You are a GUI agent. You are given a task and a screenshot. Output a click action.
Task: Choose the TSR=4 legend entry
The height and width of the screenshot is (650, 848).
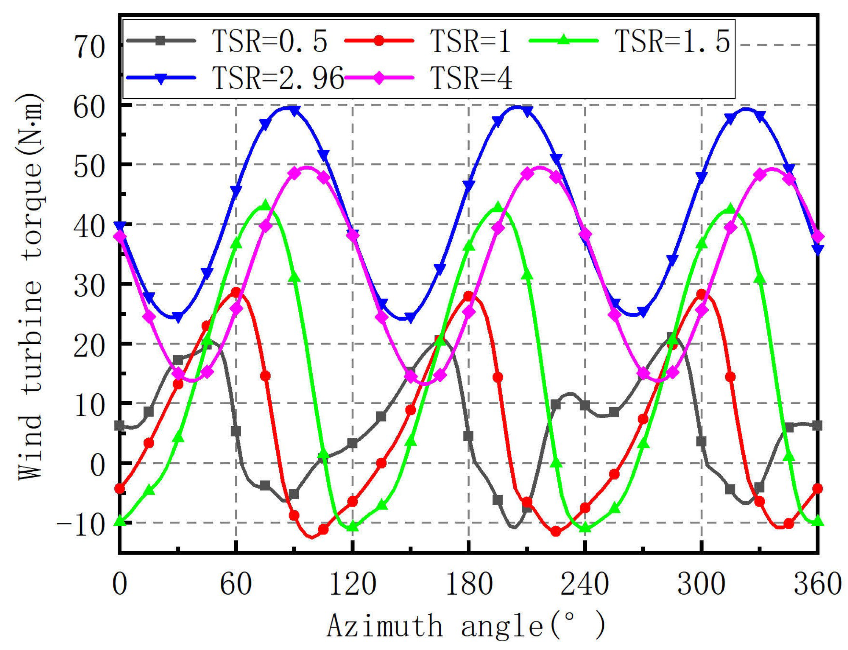coord(471,78)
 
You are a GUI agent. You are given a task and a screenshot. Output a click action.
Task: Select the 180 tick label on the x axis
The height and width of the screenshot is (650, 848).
coord(469,584)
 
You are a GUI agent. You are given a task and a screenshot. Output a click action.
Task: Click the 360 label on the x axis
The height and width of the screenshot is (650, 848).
coord(818,584)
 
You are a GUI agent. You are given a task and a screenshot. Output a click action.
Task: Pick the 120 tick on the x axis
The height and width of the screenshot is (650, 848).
coord(352,584)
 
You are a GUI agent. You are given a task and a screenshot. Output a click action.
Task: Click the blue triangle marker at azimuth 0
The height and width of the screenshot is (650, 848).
coord(120,226)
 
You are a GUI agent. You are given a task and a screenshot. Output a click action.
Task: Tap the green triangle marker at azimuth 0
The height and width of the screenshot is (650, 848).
coord(120,522)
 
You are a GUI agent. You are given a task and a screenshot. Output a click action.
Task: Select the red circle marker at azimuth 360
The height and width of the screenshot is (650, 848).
coord(817,489)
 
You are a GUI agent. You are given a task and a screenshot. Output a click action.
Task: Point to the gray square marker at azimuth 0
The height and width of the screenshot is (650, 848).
coord(120,426)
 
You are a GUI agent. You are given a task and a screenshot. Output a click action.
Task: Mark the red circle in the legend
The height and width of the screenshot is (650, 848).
coord(379,41)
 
